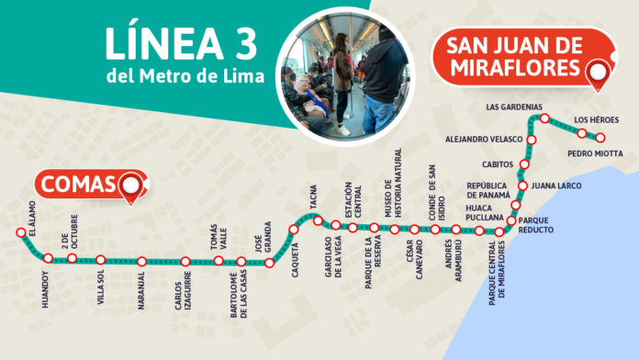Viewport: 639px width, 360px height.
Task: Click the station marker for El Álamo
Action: coord(20,233)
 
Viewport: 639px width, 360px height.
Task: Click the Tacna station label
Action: coord(313,199)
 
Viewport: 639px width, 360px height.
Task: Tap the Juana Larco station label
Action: coord(557,185)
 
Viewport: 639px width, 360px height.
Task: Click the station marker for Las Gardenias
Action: coord(544,118)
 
